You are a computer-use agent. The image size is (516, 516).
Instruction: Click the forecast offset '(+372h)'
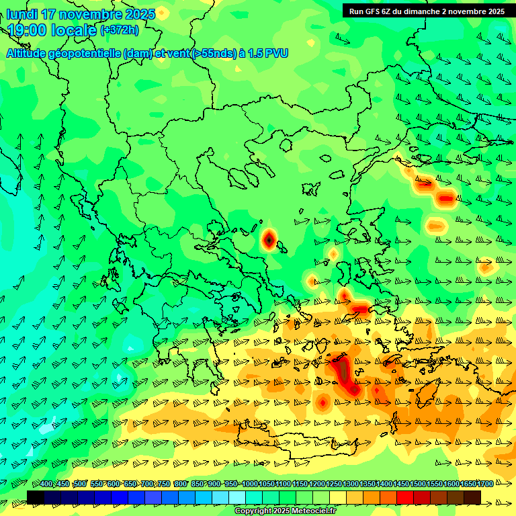[120, 30]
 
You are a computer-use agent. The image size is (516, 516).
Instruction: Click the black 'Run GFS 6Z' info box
[427, 11]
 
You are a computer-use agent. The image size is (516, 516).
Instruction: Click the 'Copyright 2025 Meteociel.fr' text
[286, 511]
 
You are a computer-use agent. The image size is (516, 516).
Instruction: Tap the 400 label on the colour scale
[46, 484]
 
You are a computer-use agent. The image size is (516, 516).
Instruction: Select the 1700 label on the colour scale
[485, 484]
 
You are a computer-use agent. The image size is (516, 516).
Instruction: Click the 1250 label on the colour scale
[334, 484]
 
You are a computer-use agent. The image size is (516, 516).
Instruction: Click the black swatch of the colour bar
[36, 497]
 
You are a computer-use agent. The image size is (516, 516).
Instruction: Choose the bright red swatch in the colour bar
[405, 497]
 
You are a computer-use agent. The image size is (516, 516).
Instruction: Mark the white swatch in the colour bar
[237, 497]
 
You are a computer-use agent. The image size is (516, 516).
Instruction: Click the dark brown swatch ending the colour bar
[472, 497]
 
